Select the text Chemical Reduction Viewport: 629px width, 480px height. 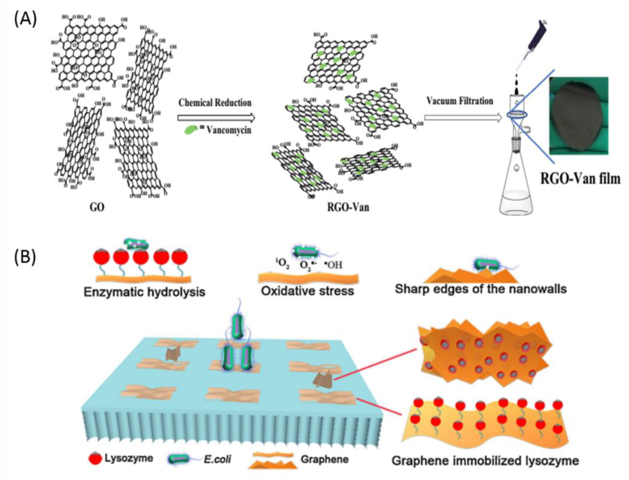pyautogui.click(x=215, y=103)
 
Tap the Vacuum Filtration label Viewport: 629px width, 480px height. pyautogui.click(x=460, y=101)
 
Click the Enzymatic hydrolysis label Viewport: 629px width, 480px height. pyautogui.click(x=144, y=292)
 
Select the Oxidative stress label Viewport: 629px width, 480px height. pyautogui.click(x=307, y=291)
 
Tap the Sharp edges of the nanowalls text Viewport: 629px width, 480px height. pyautogui.click(x=481, y=289)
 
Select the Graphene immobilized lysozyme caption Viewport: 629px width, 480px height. pyautogui.click(x=485, y=461)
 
